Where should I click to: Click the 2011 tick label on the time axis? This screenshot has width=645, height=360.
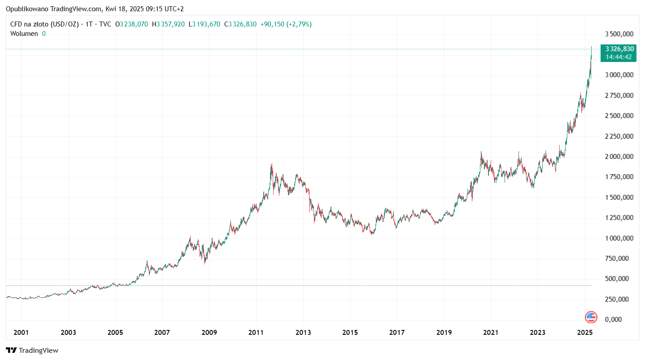[256, 333]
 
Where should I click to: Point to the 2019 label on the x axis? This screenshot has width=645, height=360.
[444, 333]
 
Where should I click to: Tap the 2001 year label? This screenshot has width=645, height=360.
[21, 333]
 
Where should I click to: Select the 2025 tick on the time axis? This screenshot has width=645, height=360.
[584, 333]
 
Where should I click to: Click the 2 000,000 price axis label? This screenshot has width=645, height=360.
[619, 157]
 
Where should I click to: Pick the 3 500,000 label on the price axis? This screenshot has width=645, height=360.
[619, 34]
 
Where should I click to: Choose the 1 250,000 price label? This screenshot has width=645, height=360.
[619, 218]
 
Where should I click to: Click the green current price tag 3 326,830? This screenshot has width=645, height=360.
[619, 49]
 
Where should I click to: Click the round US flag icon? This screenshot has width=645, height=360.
[591, 317]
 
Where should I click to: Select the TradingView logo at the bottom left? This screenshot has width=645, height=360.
[32, 350]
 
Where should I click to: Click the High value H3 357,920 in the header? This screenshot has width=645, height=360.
[168, 24]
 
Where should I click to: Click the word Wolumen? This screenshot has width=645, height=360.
[24, 33]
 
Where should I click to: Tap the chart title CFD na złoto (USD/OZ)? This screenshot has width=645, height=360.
[44, 24]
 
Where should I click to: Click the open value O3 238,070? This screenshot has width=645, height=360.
[131, 24]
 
